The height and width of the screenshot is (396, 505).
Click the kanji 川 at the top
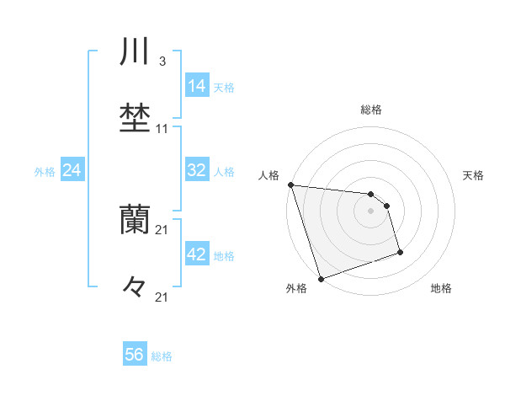(x=135, y=52)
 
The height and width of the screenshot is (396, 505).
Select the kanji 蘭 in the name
(x=135, y=220)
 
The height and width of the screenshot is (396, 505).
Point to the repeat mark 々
(x=135, y=287)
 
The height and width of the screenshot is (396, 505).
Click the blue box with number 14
(x=197, y=85)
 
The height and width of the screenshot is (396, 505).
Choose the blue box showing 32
(x=197, y=170)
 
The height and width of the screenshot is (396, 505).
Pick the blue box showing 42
(x=197, y=254)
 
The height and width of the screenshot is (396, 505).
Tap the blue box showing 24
(x=72, y=170)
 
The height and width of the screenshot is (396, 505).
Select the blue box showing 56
(x=135, y=355)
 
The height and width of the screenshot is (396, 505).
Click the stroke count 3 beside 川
(x=162, y=62)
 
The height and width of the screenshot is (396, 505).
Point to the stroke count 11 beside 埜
(x=162, y=129)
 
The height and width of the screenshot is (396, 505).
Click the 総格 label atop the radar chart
(x=371, y=110)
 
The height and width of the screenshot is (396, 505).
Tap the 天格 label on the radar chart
(x=474, y=175)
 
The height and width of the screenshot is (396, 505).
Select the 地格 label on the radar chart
(x=441, y=289)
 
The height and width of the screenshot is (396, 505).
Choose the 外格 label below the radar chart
(x=296, y=289)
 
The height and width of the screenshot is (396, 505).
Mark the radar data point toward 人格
(x=290, y=185)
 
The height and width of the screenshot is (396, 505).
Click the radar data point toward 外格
(x=321, y=277)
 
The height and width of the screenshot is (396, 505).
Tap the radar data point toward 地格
(x=401, y=252)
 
